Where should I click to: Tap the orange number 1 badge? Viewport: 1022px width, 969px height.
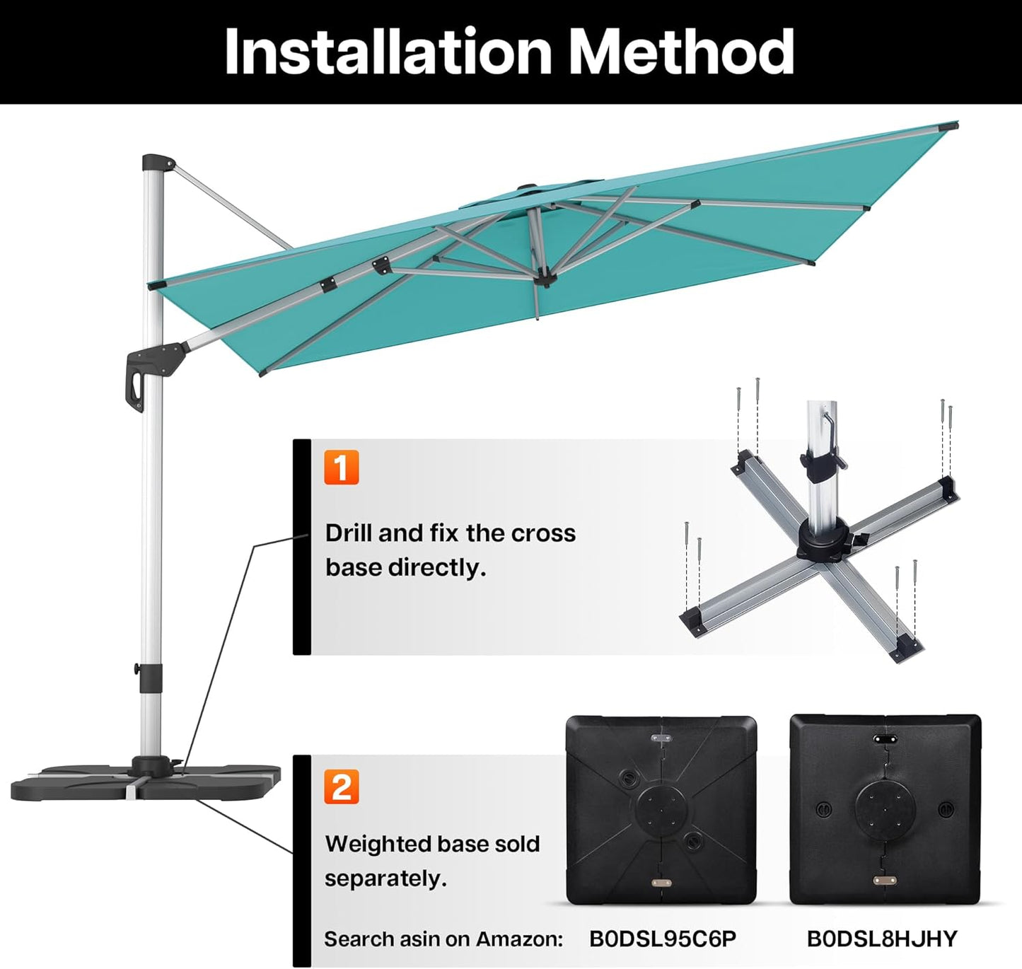(x=342, y=468)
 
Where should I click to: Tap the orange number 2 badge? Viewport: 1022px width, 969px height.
(x=342, y=787)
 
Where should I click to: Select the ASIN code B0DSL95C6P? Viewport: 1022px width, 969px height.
(x=663, y=939)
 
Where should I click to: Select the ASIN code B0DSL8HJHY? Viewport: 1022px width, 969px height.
(x=882, y=939)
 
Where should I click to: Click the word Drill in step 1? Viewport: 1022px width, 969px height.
(x=349, y=533)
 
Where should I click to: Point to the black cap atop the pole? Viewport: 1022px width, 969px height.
(x=156, y=162)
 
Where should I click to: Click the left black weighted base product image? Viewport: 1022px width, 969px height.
(x=661, y=809)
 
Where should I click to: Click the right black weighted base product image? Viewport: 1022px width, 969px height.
(x=885, y=809)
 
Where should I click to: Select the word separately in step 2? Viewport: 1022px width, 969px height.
(x=385, y=879)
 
